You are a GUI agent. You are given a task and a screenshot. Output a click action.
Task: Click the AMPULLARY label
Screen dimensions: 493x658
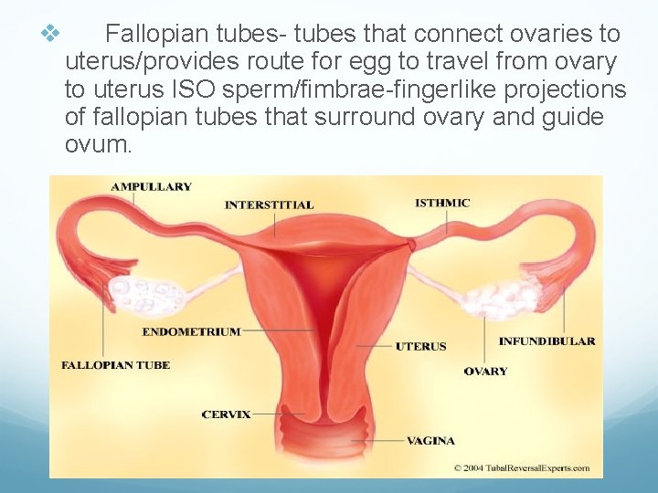[151, 187]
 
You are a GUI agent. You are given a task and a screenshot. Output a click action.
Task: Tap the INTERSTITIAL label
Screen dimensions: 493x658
[269, 205]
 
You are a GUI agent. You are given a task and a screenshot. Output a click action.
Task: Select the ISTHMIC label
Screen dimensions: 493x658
[442, 203]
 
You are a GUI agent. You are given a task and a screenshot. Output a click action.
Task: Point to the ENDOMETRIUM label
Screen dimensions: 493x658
[192, 331]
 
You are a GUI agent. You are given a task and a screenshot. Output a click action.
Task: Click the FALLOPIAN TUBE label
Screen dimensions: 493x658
[115, 365]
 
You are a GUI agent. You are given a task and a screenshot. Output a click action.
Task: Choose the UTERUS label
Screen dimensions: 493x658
[420, 346]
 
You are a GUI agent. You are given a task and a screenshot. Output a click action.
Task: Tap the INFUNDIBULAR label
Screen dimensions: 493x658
[547, 341]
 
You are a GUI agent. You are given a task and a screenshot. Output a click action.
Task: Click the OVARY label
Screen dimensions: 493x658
[485, 372]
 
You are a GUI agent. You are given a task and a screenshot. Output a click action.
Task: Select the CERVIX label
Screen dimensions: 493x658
[226, 414]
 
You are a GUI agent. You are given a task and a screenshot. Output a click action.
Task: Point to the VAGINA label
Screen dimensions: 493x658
[430, 441]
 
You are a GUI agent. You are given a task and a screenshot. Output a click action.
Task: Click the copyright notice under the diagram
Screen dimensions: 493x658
[522, 468]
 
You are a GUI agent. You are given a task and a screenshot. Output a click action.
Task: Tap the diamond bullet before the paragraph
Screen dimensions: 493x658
[50, 35]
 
